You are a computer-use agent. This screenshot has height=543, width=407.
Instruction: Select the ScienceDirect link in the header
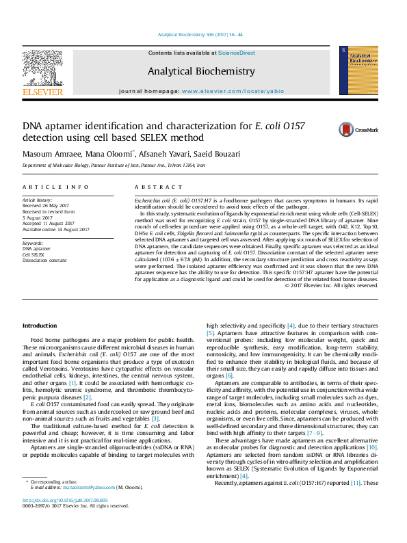[x=237, y=53]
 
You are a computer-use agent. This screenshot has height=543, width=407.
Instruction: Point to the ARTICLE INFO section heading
[x=55, y=187]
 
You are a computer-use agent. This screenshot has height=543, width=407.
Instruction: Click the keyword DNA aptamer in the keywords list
[x=36, y=249]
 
